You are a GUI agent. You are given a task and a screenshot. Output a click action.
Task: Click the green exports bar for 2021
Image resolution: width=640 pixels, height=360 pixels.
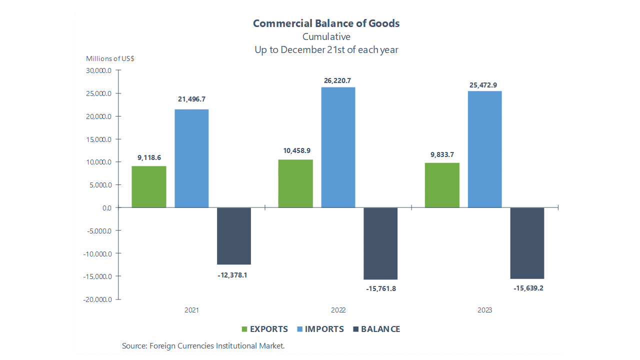coord(149,186)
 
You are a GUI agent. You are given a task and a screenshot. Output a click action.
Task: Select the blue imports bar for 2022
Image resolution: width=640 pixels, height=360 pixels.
coord(338,147)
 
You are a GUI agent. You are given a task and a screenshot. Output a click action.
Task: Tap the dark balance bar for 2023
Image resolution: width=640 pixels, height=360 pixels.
coord(527,243)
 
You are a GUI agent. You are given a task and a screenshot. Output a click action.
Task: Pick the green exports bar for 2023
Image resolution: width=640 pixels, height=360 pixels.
coord(442,185)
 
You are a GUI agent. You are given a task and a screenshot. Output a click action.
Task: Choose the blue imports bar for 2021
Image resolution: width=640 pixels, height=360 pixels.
coord(191,158)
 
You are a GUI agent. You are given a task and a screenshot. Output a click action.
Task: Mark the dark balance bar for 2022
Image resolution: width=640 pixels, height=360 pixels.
coord(380,243)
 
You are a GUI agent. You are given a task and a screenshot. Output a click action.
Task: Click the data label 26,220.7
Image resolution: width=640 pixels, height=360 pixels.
coord(338,80)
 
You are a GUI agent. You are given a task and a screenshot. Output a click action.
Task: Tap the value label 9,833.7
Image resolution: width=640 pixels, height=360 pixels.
coord(442,154)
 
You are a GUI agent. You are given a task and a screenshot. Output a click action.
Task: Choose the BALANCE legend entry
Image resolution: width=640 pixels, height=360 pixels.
coord(380,329)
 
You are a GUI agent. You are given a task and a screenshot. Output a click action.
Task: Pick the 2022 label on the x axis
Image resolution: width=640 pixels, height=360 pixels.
coord(338,310)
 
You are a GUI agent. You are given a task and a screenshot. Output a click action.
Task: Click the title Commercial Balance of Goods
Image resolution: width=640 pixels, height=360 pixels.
coord(326,23)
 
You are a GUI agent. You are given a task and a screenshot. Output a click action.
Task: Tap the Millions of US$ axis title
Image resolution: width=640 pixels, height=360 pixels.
coord(110,58)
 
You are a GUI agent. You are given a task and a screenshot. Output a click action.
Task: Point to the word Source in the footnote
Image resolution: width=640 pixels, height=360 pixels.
coord(133,346)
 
